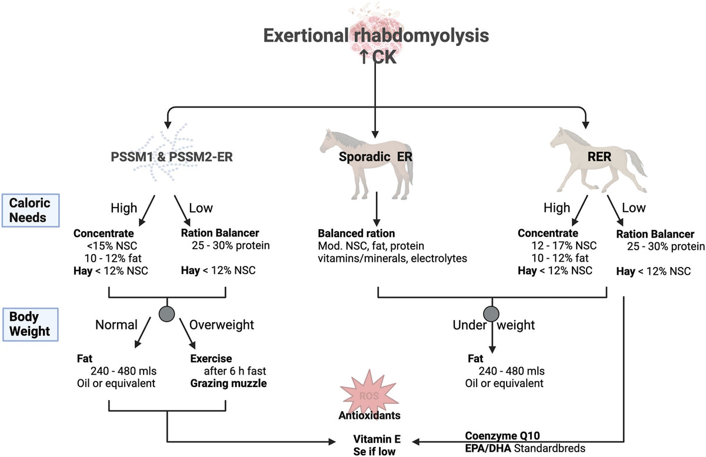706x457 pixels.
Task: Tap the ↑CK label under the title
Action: click(376, 57)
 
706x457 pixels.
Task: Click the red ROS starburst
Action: click(365, 394)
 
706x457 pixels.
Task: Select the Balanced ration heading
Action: click(356, 233)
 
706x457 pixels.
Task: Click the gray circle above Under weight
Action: click(491, 312)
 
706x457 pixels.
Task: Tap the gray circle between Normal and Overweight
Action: click(168, 312)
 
